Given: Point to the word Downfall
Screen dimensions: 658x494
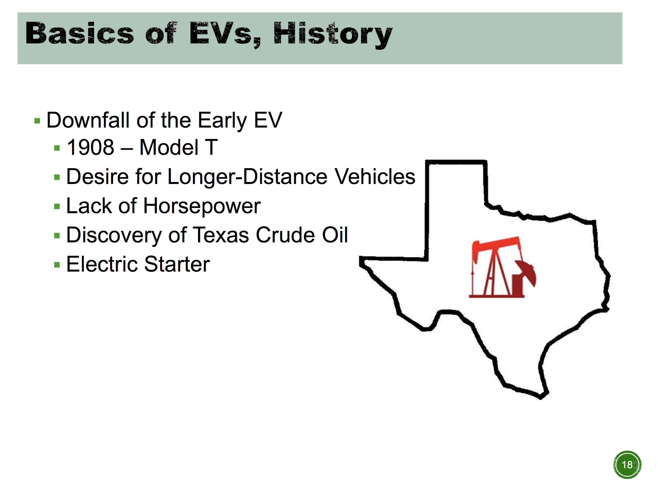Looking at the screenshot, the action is coord(88,120).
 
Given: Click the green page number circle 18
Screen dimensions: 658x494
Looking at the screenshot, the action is coord(627,465).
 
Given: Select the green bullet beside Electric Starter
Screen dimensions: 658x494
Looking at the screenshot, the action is coord(57,265).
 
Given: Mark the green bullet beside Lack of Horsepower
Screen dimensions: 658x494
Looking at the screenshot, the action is coord(57,206).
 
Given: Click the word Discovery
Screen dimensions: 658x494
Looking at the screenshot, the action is coord(114,235).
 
